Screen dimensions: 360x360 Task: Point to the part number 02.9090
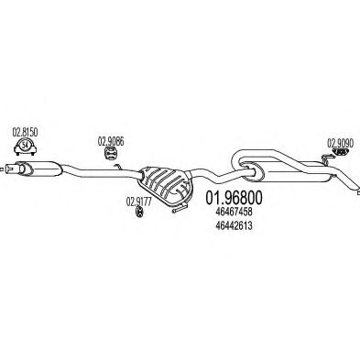click(x=340, y=142)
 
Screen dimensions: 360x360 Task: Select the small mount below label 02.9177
click(x=137, y=213)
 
